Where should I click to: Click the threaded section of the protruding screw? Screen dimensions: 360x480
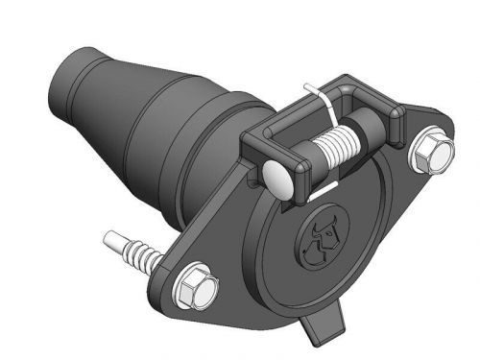138,253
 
